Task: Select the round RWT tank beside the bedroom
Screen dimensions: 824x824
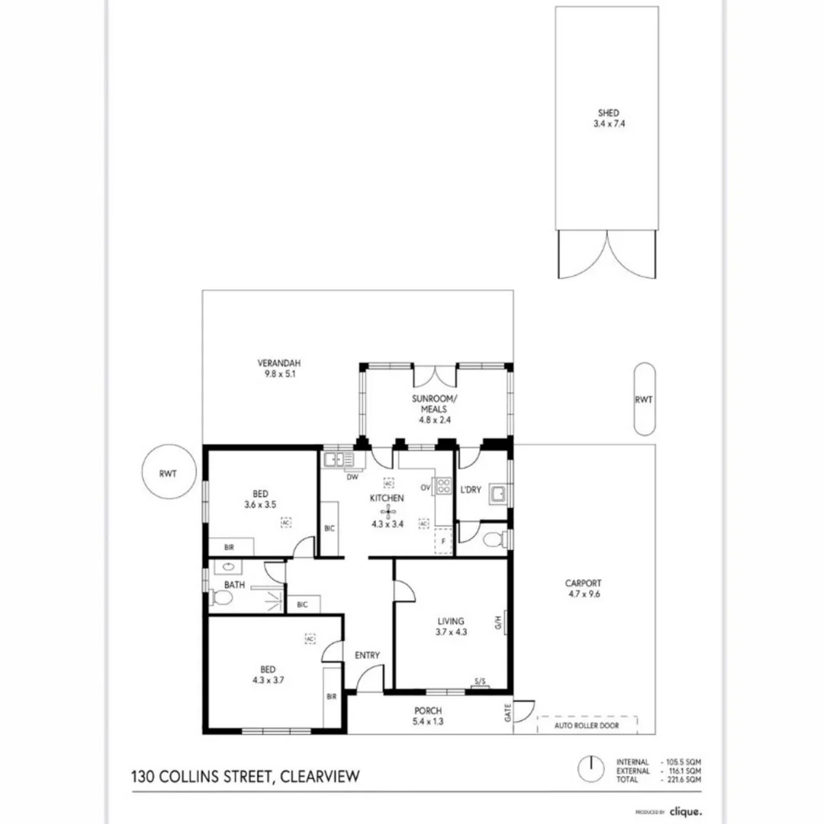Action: (169, 472)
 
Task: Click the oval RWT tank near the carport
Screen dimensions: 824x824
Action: (645, 399)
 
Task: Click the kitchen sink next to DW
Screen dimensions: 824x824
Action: (339, 460)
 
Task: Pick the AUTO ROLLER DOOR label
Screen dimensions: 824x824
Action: (588, 726)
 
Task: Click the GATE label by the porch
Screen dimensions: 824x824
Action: (508, 714)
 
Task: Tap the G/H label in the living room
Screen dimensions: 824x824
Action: (497, 622)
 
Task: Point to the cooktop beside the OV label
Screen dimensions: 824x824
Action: (443, 486)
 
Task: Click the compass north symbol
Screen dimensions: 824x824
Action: (588, 769)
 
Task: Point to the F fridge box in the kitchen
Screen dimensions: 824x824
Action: (443, 541)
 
